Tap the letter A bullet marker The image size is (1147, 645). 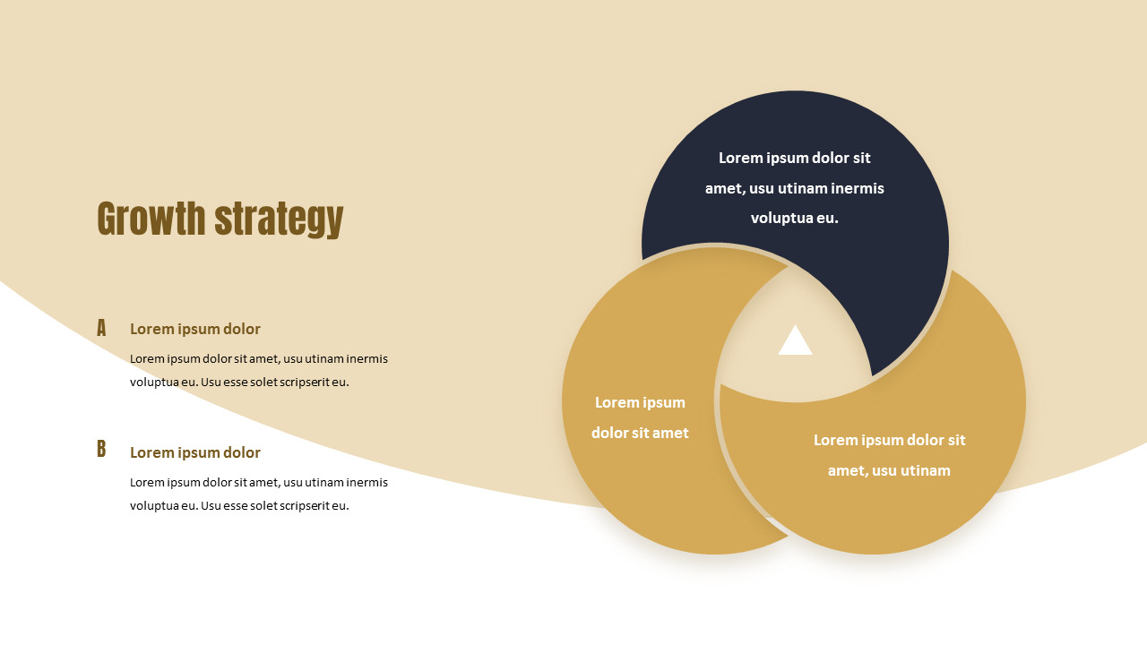pos(101,328)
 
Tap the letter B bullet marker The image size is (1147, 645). pos(101,450)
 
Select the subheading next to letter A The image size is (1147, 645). pos(195,329)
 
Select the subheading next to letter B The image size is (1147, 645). pos(195,452)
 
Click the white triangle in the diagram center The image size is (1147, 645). pos(795,342)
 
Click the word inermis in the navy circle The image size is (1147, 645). pos(858,188)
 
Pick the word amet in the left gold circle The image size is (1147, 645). pos(670,433)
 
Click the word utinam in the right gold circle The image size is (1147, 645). pos(921,470)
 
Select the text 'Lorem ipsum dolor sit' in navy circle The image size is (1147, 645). pos(795,158)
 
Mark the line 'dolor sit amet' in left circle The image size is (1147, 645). pos(640,433)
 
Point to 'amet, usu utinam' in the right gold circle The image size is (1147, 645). pos(889,470)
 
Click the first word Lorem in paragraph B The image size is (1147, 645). pos(147,482)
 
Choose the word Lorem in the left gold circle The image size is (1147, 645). pos(617,402)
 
